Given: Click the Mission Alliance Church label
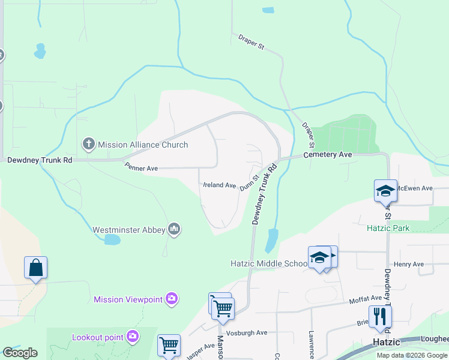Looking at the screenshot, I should (x=142, y=145).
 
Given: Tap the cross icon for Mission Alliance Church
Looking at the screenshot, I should (x=88, y=144).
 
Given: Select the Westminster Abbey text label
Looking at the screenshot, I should (x=128, y=229).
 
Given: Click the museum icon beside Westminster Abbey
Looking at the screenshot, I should (x=174, y=229).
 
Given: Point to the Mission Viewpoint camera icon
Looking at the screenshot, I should (x=172, y=299).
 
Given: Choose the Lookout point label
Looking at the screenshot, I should (x=97, y=337).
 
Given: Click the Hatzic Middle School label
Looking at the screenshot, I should (x=269, y=263).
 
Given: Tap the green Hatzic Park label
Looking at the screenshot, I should (x=388, y=228).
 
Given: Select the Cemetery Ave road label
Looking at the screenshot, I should (x=327, y=154).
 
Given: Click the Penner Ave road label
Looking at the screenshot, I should (x=141, y=169).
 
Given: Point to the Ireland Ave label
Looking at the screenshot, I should (x=220, y=185).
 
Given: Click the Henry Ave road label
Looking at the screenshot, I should (x=408, y=264).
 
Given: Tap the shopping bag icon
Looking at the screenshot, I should (x=35, y=268).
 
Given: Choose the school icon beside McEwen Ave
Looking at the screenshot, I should (x=385, y=190).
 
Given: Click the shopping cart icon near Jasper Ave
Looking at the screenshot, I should (x=169, y=345).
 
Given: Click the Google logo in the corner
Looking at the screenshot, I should (x=20, y=353).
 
